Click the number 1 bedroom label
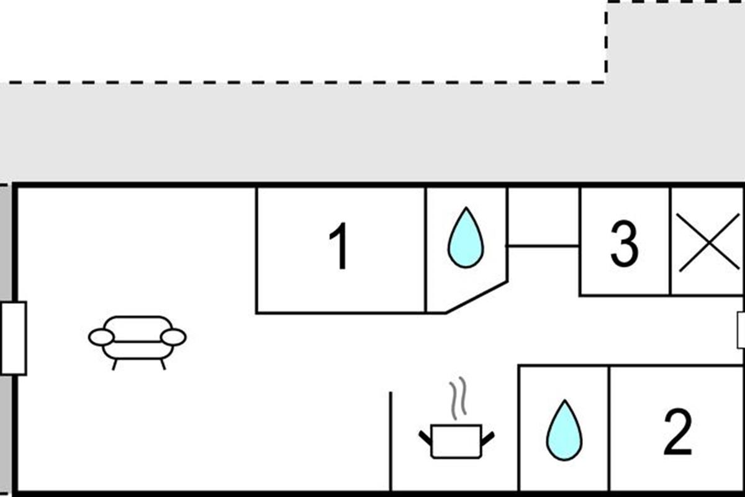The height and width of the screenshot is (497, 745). pyautogui.click(x=339, y=247)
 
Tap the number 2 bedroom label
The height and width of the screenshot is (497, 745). pyautogui.click(x=677, y=432)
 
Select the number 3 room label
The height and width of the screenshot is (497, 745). pyautogui.click(x=624, y=244)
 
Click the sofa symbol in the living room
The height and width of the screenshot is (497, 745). pyautogui.click(x=137, y=339)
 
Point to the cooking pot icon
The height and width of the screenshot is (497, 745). pyautogui.click(x=456, y=441)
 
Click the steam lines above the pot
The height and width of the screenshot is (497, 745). pyautogui.click(x=458, y=398)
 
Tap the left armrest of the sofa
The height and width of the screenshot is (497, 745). pyautogui.click(x=101, y=337)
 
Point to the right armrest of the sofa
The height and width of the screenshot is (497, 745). pyautogui.click(x=173, y=337)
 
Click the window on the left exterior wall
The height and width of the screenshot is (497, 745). pyautogui.click(x=13, y=338)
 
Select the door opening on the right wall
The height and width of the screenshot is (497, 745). pyautogui.click(x=740, y=330)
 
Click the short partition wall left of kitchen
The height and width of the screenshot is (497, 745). pyautogui.click(x=391, y=441)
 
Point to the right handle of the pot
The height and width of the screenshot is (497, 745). pyautogui.click(x=488, y=438)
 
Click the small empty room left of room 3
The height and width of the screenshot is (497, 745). pyautogui.click(x=543, y=217)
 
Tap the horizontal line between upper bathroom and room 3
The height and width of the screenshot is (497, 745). pyautogui.click(x=543, y=246)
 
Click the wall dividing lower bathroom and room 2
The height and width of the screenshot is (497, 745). pyautogui.click(x=609, y=429)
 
